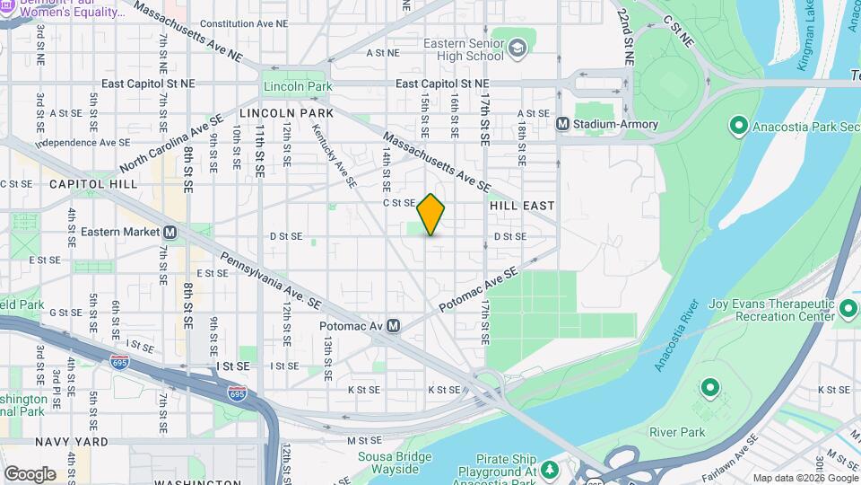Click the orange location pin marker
click(x=430, y=215)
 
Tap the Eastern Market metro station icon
click(x=170, y=232)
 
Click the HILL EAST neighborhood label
click(x=522, y=206)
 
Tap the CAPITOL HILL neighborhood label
click(x=94, y=183)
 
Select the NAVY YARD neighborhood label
click(x=72, y=442)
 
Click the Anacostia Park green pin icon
click(x=738, y=125)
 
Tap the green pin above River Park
click(x=709, y=388)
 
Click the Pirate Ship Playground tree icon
click(x=549, y=470)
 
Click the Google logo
click(x=30, y=473)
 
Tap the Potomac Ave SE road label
click(x=478, y=291)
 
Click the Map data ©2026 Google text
click(x=804, y=478)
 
